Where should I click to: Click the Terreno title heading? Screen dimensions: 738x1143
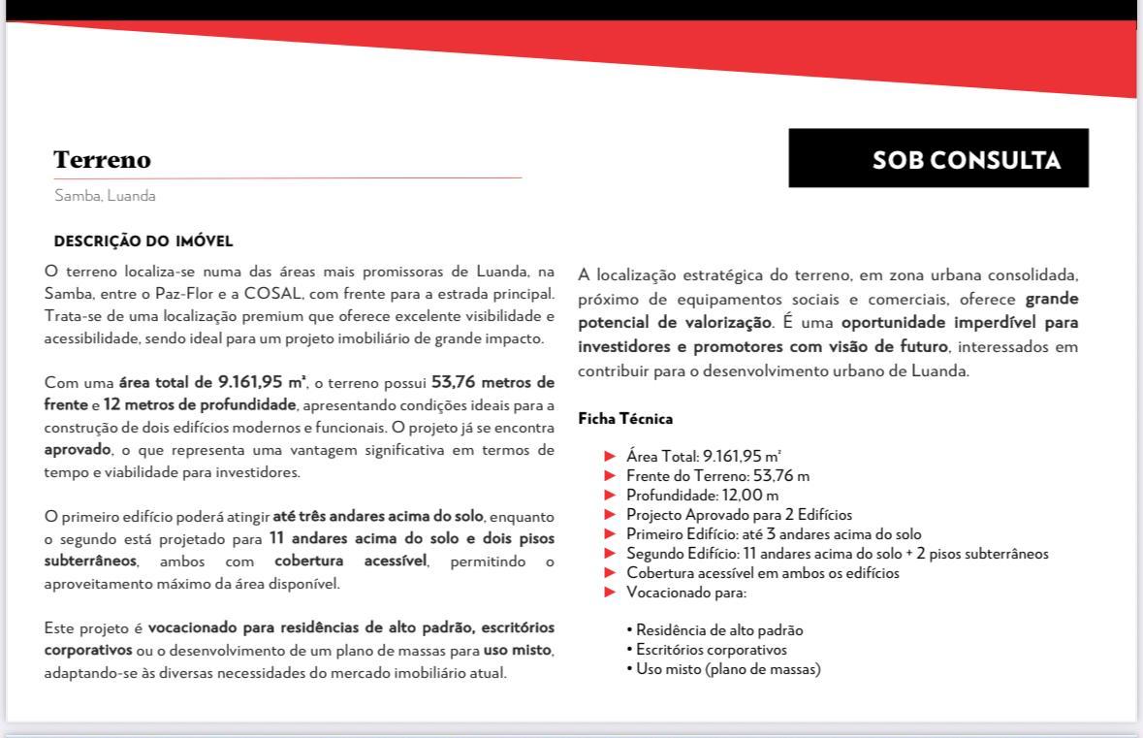pos(103,160)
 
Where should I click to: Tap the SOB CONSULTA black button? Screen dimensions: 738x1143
pos(937,158)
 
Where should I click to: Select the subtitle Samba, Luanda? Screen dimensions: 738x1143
pos(105,196)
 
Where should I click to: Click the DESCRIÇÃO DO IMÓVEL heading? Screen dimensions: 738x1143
pos(143,241)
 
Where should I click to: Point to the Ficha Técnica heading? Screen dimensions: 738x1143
pos(625,419)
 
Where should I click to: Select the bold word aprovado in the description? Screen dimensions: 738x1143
pos(77,450)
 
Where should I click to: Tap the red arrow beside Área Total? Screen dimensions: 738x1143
pos(610,456)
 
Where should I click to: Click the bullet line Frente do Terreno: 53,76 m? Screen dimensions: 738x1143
pos(717,475)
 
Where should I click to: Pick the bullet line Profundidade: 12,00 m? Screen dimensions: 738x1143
pos(702,496)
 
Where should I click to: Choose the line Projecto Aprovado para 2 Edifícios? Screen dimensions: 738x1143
pos(739,515)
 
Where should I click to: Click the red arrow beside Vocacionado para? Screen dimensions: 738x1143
pos(610,593)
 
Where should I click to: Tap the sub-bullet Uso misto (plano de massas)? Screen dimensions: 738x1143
pos(727,669)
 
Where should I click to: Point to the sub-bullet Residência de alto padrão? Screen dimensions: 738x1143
pos(718,630)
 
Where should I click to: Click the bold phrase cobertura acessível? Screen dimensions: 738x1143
pos(350,562)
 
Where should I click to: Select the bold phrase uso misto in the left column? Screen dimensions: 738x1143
pos(518,650)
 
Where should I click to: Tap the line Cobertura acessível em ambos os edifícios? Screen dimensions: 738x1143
pos(762,573)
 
